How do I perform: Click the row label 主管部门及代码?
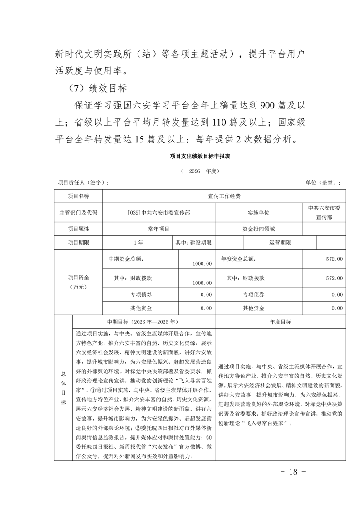78,212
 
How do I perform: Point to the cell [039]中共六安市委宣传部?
158,212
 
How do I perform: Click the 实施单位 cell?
258,212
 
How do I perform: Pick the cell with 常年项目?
158,229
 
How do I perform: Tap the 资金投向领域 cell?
258,229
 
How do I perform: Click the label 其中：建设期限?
193,243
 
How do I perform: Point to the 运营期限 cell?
280,243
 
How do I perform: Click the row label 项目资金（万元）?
78,282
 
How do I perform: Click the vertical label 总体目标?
63,388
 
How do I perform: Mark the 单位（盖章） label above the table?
322,182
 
